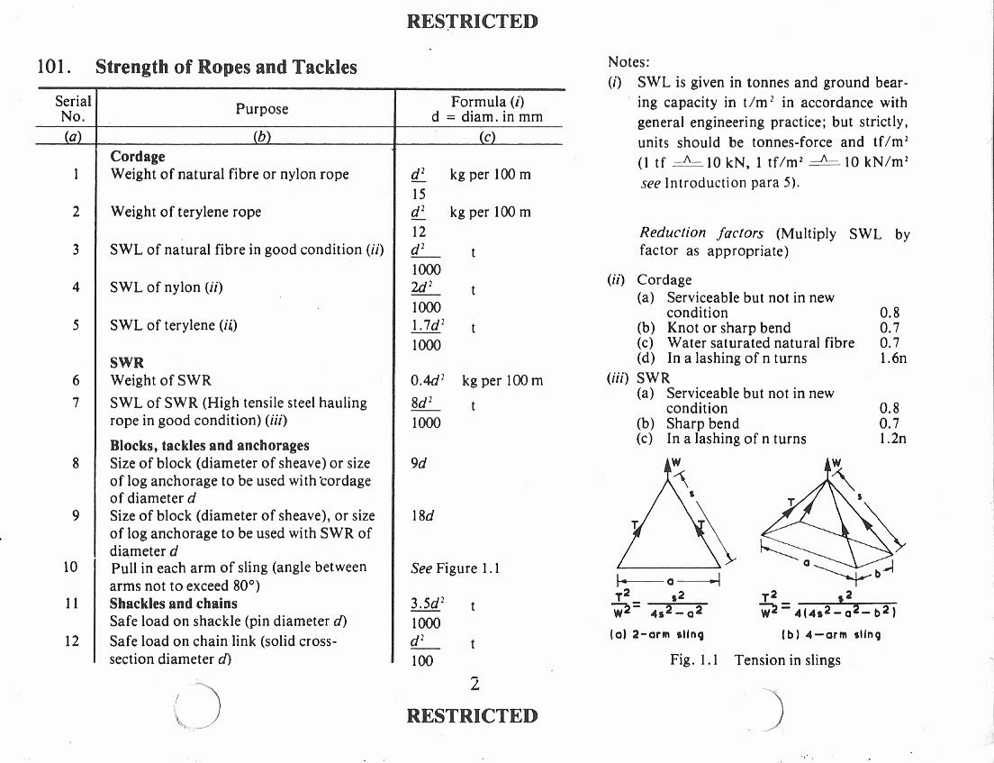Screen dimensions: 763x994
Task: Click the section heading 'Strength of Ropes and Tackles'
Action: click(226, 67)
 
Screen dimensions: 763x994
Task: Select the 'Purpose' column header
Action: click(262, 109)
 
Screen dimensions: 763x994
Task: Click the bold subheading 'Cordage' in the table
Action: click(138, 157)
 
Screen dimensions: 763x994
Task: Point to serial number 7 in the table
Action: click(77, 402)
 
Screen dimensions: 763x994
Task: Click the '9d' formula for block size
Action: click(418, 464)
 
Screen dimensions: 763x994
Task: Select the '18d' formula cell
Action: click(421, 516)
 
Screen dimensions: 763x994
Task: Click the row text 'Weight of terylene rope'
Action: click(185, 212)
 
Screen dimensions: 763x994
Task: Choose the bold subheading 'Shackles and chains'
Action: click(174, 604)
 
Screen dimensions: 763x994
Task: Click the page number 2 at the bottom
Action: click(474, 685)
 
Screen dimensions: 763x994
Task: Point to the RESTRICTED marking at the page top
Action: click(472, 22)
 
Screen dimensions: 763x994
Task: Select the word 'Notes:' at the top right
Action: click(628, 62)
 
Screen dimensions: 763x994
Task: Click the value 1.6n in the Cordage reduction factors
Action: click(892, 358)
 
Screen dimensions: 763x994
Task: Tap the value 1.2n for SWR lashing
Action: click(892, 439)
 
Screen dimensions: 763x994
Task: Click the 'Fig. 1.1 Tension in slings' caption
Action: click(755, 660)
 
